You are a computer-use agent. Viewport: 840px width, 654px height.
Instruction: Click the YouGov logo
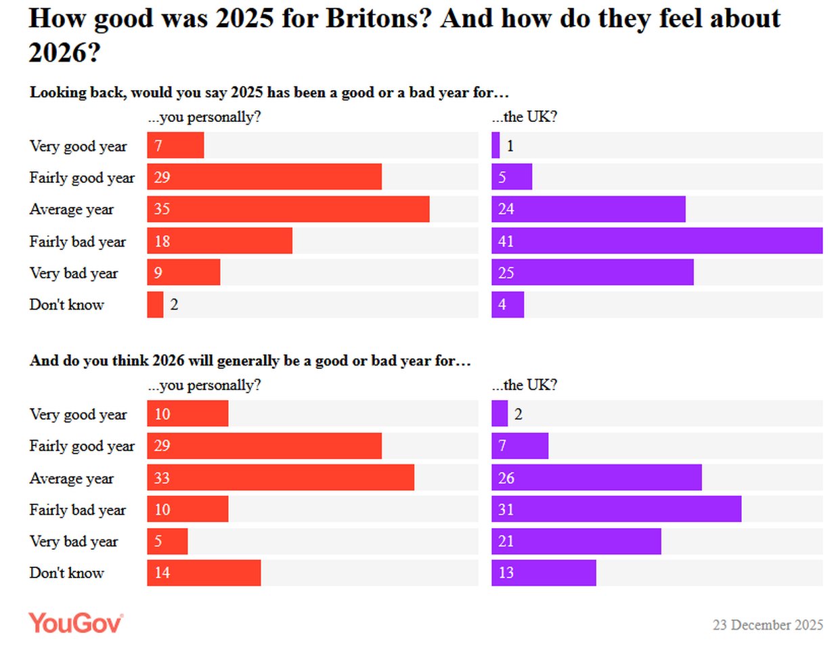click(x=75, y=623)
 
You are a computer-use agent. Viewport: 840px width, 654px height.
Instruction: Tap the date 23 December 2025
click(x=768, y=625)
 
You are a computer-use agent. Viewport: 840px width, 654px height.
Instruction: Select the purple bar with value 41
click(x=657, y=241)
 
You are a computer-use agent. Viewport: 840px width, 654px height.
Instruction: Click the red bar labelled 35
click(x=288, y=209)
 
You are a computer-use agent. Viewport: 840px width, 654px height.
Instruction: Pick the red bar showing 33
click(x=280, y=478)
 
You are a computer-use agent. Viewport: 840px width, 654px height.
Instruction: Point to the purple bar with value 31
click(x=616, y=509)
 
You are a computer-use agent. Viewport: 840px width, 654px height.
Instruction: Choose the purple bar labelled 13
click(x=544, y=573)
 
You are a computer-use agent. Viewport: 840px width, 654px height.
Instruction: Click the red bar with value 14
click(x=204, y=573)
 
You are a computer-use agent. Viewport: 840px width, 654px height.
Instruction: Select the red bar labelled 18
click(x=219, y=241)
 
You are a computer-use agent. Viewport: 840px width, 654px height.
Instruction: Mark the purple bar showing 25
click(x=592, y=273)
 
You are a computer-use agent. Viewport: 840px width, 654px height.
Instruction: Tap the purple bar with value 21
click(x=576, y=541)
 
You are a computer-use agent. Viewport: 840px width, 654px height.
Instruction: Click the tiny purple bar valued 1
click(x=495, y=146)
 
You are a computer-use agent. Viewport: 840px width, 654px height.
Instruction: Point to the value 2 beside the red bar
click(x=174, y=305)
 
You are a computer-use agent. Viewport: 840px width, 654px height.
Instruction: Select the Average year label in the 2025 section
click(x=71, y=209)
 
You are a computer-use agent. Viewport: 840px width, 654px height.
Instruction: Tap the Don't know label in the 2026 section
click(x=66, y=573)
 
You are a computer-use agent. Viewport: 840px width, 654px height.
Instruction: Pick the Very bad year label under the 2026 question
click(x=73, y=541)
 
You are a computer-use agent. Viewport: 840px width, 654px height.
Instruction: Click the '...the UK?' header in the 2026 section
click(x=525, y=385)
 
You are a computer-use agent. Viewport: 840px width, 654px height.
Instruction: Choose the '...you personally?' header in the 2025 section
click(x=204, y=116)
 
